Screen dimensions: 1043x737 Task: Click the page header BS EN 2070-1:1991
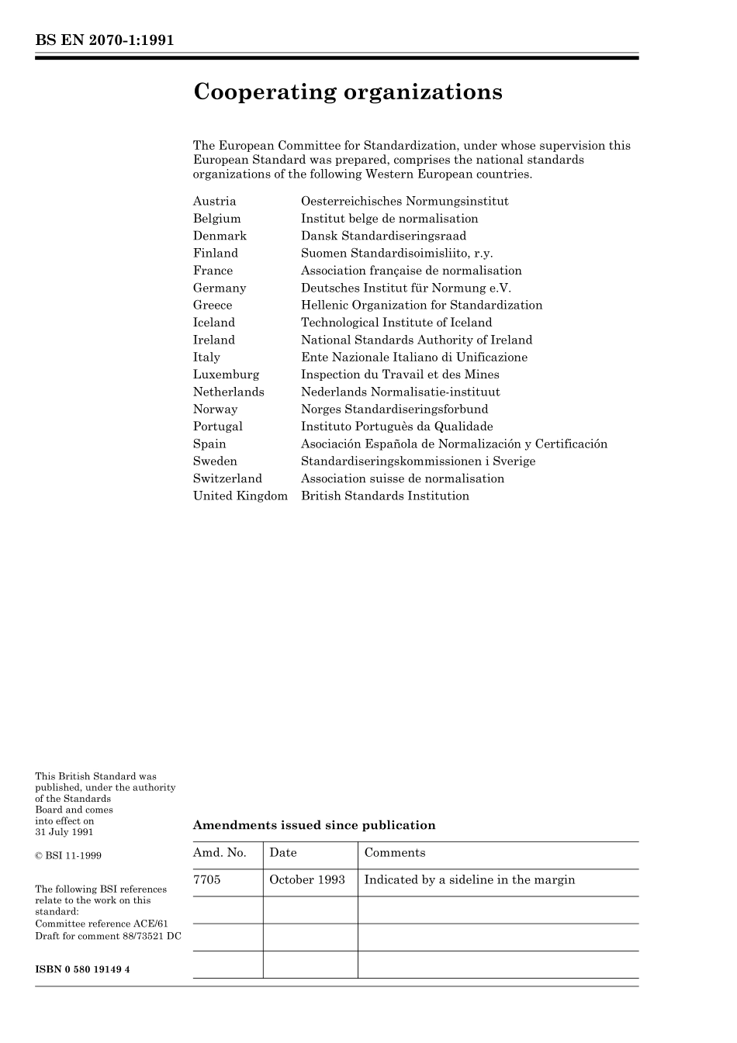[104, 40]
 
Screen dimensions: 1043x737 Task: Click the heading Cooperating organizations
[348, 92]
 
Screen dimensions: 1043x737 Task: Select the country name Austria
[214, 202]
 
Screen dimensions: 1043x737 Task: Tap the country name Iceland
[213, 323]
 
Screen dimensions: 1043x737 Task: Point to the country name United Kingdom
[240, 496]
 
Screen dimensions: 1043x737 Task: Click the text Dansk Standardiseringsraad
[383, 236]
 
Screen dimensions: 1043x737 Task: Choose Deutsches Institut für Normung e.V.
[406, 288]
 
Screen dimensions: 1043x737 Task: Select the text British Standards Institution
[385, 496]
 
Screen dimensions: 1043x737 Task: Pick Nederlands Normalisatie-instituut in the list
[400, 392]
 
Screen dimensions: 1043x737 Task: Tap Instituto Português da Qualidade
[396, 427]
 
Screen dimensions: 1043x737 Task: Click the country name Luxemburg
[226, 375]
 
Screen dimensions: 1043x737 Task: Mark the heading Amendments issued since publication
[313, 825]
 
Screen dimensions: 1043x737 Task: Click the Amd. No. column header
[220, 853]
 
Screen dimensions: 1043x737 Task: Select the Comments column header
[394, 853]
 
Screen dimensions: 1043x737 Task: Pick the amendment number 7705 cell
[206, 880]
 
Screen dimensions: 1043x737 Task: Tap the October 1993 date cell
[306, 880]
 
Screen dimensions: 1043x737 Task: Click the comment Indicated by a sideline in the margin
[469, 880]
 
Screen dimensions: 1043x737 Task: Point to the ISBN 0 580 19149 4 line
[82, 969]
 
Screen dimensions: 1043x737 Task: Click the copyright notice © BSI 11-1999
[68, 856]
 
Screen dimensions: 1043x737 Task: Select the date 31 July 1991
[64, 832]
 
